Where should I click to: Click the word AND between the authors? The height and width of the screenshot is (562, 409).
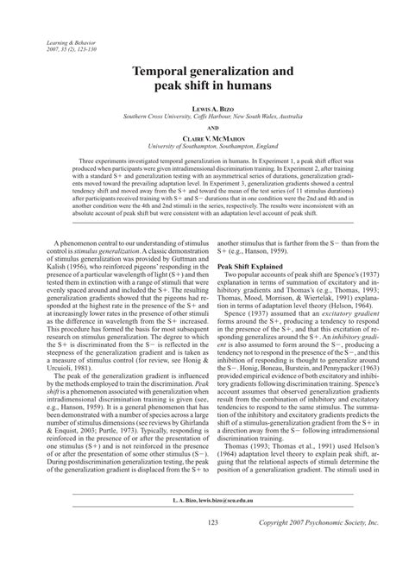[x=204, y=125]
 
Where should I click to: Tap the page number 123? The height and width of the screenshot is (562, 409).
[x=204, y=522]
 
